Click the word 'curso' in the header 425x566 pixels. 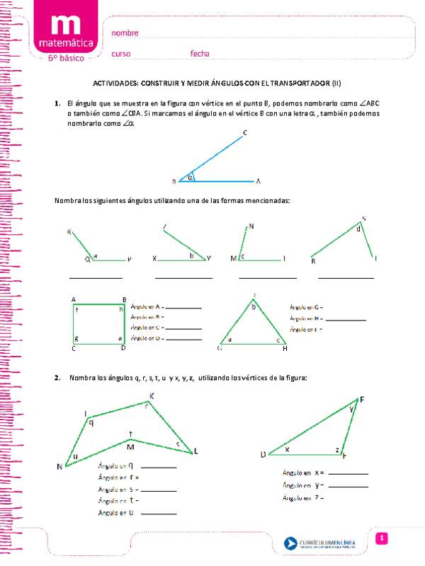tap(121, 54)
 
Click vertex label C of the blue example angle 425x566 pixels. tap(244, 133)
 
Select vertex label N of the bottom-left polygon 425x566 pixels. tap(59, 466)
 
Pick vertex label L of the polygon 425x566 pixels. tap(196, 451)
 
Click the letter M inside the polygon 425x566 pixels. tap(130, 446)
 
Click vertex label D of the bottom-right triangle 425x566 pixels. tap(262, 454)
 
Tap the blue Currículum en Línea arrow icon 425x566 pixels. tap(290, 543)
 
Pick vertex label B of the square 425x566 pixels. tap(124, 299)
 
